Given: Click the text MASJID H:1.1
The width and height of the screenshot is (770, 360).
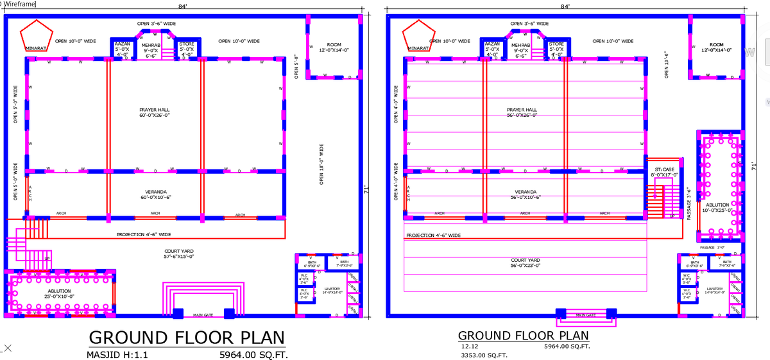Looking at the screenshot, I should point(117,354).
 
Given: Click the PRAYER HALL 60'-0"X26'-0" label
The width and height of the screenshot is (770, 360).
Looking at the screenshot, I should point(154,112).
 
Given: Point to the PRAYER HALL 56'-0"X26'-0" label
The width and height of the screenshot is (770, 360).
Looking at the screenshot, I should point(522,112).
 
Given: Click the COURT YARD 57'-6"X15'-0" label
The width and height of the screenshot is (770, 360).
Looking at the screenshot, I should point(179,253).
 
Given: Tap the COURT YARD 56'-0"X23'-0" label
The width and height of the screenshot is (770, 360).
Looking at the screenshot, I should point(525,262).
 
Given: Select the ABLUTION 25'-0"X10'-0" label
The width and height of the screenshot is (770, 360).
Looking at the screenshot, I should point(59,294).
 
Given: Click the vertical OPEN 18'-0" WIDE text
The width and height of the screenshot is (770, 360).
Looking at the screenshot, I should point(321,164).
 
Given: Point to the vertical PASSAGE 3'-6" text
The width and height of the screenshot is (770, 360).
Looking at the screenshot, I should point(689,204).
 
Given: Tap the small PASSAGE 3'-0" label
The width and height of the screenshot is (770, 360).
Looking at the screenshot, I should point(712,248).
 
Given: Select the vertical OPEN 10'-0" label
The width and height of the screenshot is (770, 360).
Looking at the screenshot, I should point(667,65).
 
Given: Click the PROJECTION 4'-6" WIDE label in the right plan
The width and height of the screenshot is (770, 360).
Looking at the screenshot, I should point(433,236).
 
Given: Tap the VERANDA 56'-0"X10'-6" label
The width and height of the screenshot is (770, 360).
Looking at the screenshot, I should point(525,194).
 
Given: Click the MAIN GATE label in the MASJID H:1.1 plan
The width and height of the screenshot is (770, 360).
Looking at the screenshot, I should point(203,315).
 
